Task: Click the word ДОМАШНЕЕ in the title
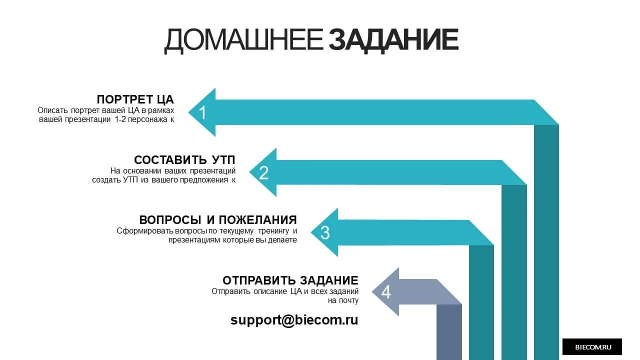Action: click(243, 40)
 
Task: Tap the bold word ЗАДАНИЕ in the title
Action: click(393, 40)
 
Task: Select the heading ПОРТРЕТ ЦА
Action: click(135, 99)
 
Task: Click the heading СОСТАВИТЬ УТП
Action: click(184, 160)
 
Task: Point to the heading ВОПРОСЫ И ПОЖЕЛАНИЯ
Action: click(218, 220)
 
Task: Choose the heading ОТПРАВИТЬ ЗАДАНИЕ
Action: click(290, 280)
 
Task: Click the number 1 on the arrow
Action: click(202, 113)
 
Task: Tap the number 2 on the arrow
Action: click(264, 173)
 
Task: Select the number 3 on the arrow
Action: click(325, 233)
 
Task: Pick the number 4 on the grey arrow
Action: click(386, 292)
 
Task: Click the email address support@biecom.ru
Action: click(294, 320)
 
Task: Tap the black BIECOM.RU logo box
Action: click(592, 346)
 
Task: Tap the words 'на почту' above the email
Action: click(343, 300)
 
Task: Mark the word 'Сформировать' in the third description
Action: click(145, 231)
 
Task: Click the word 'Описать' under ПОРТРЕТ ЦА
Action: click(53, 110)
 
